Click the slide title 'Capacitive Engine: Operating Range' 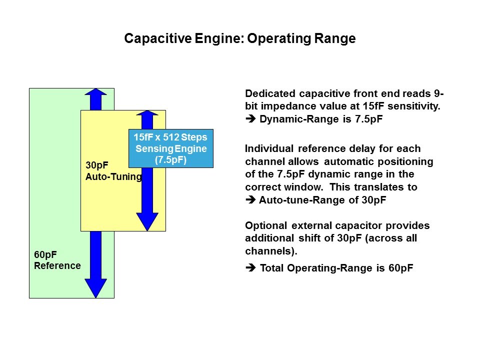pyautogui.click(x=239, y=39)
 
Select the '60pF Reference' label pyautogui.click(x=57, y=260)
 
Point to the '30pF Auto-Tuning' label pyautogui.click(x=113, y=170)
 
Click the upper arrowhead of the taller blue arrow pyautogui.click(x=95, y=92)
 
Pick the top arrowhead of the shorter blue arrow pyautogui.click(x=147, y=114)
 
